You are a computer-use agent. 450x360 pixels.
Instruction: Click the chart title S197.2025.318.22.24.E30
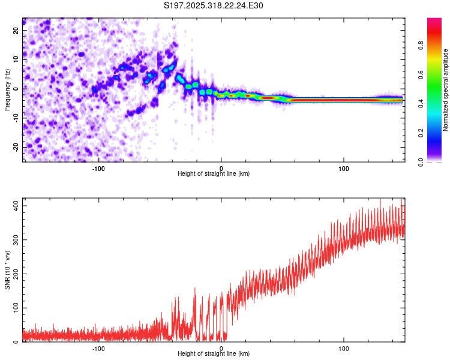214,5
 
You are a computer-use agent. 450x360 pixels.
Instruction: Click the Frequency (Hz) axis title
7,90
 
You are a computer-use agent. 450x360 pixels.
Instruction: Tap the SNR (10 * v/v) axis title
7,270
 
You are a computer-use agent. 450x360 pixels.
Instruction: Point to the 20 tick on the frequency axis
16,30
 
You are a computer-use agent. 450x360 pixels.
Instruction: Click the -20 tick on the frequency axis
16,147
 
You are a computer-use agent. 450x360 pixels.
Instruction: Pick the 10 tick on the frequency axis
16,59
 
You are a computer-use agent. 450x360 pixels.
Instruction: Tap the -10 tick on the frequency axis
16,118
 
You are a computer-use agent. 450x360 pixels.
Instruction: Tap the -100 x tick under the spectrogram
98,168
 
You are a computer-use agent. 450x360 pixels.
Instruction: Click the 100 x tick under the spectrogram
344,168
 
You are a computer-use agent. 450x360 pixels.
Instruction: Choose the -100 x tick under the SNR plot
98,348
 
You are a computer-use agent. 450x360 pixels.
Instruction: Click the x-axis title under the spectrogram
214,174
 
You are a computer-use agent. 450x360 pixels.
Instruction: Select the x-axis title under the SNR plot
214,354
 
